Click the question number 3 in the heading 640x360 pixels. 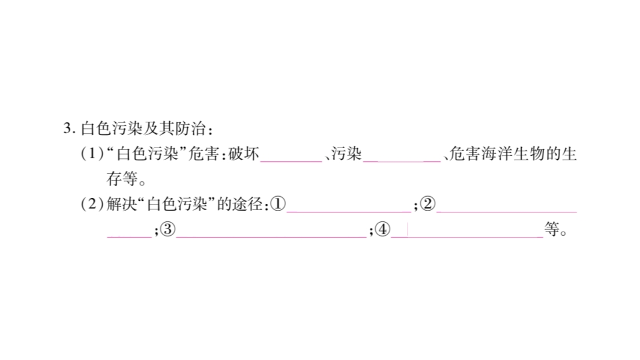66,128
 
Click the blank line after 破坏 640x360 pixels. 291,159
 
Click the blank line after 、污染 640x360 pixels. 402,159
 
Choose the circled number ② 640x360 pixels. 427,205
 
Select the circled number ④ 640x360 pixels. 382,230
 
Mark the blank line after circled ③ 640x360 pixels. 271,235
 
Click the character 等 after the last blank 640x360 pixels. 551,230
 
